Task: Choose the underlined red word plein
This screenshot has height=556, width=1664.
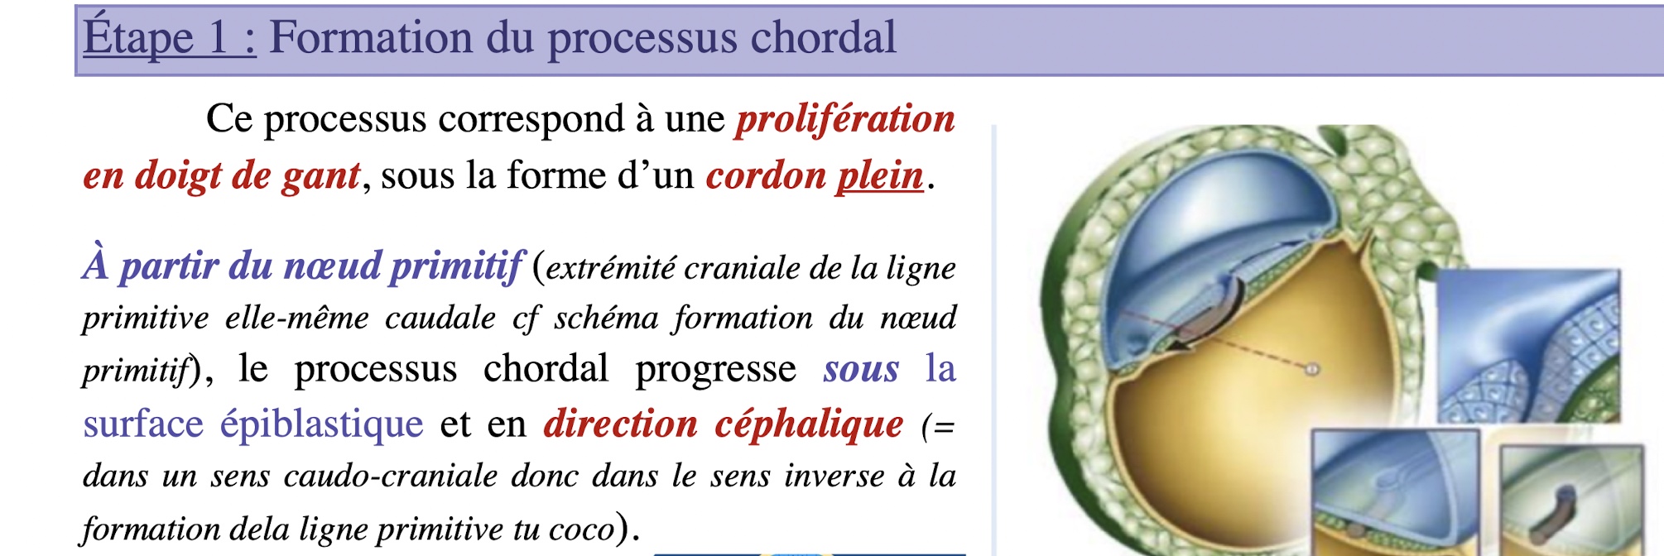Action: [880, 176]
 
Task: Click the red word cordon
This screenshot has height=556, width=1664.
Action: [766, 175]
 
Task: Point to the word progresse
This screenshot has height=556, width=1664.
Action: [715, 369]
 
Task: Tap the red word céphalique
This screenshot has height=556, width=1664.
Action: [809, 424]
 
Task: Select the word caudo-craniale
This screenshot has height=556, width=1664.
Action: [389, 477]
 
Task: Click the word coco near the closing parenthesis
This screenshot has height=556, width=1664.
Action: [583, 530]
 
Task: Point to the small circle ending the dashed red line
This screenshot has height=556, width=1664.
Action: [1312, 370]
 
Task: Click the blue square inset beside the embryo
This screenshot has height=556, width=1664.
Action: [1527, 346]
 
